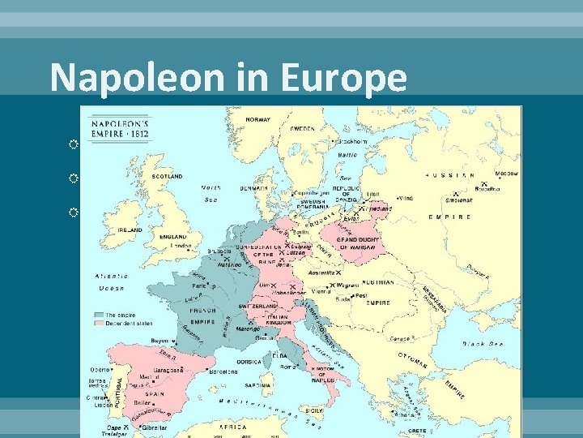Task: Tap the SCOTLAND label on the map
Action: pos(167,174)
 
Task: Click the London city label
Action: pos(181,246)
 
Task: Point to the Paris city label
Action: pos(199,286)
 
